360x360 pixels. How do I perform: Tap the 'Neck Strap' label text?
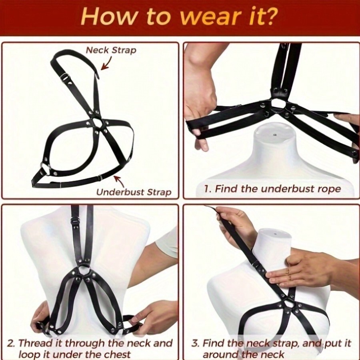pos(111,50)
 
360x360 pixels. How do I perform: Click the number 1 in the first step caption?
pos(206,189)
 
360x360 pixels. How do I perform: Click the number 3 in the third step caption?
pos(195,343)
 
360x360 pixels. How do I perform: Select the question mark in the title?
pos(272,17)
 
